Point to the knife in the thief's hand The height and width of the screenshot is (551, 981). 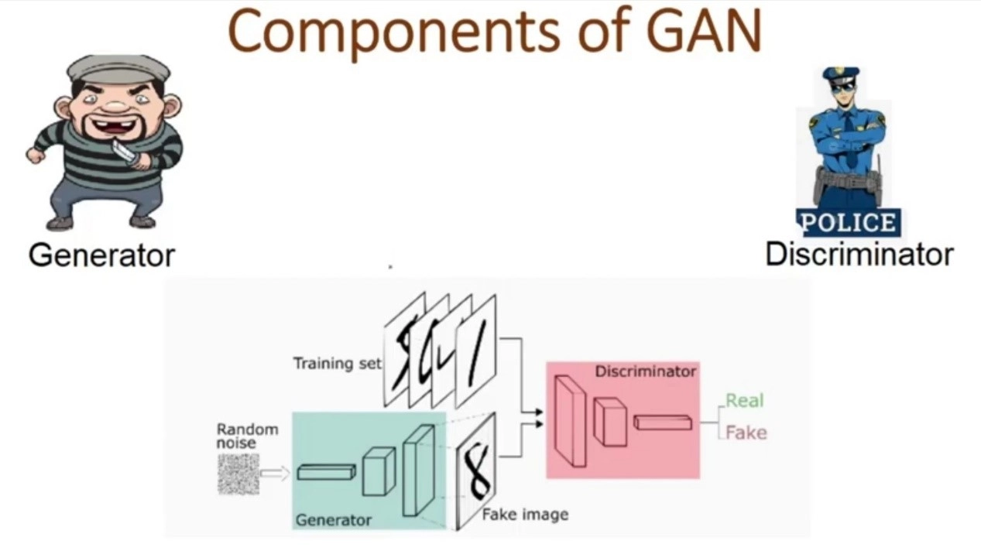124,150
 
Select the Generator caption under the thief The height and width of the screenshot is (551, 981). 101,255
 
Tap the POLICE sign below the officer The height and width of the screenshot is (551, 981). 848,223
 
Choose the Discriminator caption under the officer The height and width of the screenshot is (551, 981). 859,254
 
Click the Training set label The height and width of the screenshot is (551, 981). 337,363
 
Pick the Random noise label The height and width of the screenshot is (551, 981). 247,436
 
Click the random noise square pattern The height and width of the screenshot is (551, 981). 238,474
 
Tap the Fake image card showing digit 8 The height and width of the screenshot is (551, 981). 475,470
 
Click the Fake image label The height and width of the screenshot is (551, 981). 525,514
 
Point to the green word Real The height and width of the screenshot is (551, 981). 744,400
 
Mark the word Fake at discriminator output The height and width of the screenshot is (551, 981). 746,433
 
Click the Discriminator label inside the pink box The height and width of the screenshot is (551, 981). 645,371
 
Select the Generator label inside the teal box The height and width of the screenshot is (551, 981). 333,520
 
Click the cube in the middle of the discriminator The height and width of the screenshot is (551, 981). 610,422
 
